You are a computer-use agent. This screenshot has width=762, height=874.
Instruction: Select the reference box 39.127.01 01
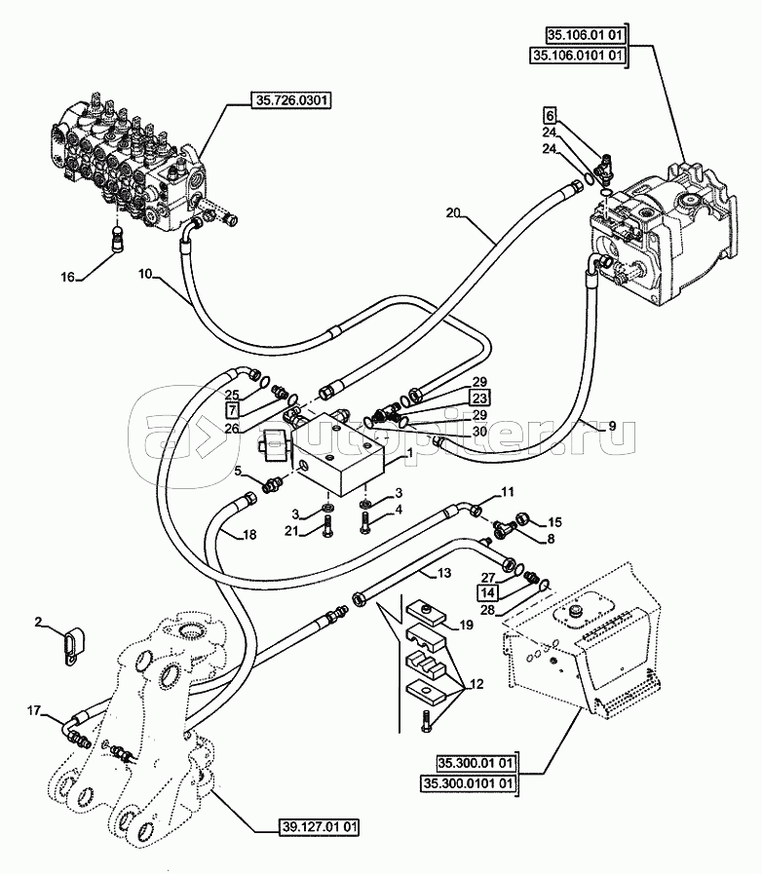(319, 826)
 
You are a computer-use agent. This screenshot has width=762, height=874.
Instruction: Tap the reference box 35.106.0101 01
(577, 56)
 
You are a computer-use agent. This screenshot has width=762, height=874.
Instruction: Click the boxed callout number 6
(550, 116)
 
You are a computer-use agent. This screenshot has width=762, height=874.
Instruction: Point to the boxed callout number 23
(479, 398)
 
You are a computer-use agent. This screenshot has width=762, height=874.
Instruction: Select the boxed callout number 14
(487, 593)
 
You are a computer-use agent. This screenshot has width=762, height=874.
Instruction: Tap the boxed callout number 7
(233, 411)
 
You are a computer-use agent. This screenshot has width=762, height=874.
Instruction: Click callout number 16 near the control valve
(67, 277)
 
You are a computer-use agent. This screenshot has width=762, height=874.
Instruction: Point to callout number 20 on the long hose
(453, 212)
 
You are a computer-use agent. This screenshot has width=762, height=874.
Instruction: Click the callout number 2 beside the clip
(38, 622)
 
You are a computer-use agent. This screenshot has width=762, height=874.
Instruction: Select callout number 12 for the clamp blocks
(476, 684)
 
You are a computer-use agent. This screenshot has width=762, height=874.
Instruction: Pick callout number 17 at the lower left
(34, 710)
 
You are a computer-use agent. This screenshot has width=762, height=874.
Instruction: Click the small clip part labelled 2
(73, 645)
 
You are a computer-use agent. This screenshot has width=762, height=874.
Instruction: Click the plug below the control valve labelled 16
(117, 238)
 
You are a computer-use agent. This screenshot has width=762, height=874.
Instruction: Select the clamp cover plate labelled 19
(427, 615)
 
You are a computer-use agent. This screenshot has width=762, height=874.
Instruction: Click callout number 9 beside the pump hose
(612, 426)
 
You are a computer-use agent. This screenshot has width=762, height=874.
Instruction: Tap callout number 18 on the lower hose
(249, 535)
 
